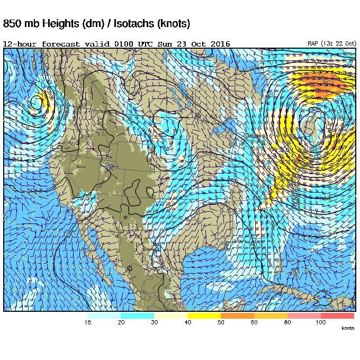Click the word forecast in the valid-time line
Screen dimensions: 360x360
point(60,43)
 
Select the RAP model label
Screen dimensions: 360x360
point(313,43)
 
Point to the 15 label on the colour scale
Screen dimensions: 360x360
point(88,322)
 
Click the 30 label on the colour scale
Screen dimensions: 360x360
point(154,322)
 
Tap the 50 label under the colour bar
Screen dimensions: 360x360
point(221,322)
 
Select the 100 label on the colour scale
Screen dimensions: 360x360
point(320,322)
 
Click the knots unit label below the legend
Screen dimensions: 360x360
point(347,328)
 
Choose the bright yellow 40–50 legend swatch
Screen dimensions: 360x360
point(204,316)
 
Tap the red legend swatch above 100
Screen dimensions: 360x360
point(337,316)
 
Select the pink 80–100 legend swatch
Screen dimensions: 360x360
point(304,316)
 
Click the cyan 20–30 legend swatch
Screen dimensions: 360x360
point(137,316)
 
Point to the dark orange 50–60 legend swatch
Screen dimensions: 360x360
point(237,316)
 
